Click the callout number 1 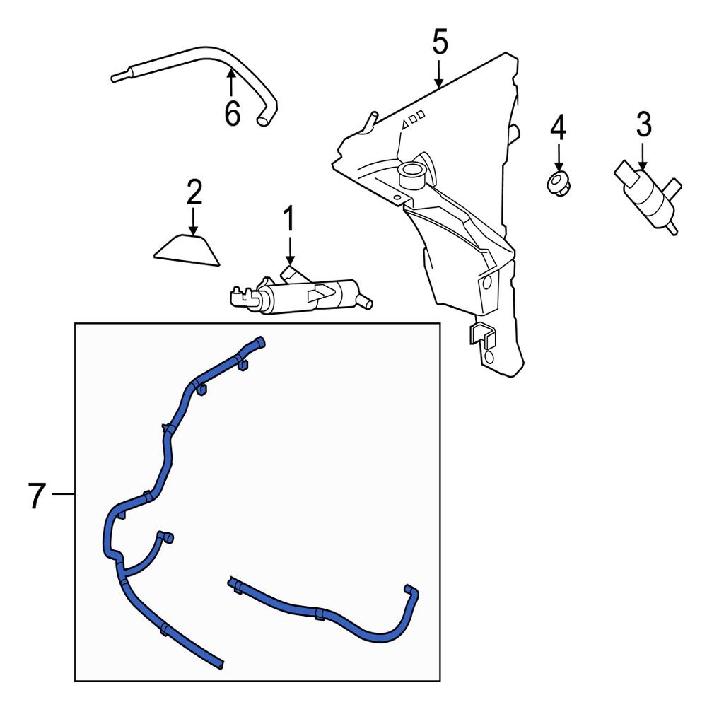click(288, 218)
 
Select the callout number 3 click(644, 124)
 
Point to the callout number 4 click(559, 127)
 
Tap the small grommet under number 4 click(559, 184)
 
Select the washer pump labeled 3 click(648, 197)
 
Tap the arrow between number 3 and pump click(643, 156)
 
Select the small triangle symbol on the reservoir click(405, 123)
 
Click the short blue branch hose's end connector click(167, 537)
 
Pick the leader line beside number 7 click(63, 495)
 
